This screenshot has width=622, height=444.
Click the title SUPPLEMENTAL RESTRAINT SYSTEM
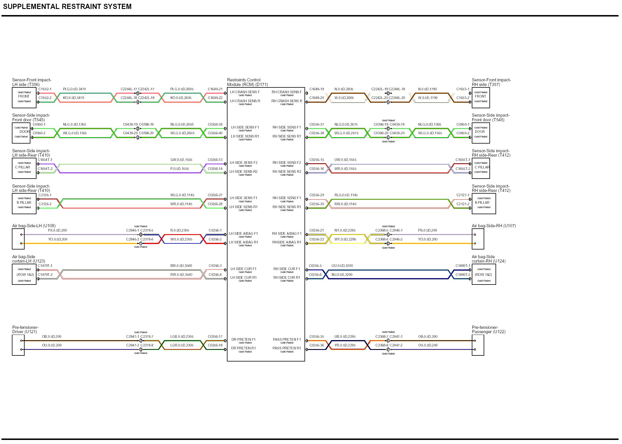(x=67, y=7)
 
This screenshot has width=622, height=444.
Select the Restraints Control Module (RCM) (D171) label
(x=247, y=82)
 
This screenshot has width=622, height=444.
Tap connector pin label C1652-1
(x=45, y=89)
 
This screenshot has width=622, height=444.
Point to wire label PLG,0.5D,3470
(x=74, y=89)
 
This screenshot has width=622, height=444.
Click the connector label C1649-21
(x=215, y=89)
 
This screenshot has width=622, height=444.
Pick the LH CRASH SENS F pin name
(x=245, y=92)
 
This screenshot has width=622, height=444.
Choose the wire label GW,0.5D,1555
(x=181, y=160)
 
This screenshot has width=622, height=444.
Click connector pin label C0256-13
(x=215, y=160)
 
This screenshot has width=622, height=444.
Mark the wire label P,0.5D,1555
(x=179, y=169)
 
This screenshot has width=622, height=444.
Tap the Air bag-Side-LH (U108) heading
(x=34, y=226)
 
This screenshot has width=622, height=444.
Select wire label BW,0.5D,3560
(x=181, y=266)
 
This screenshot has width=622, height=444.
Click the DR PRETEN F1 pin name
(x=243, y=340)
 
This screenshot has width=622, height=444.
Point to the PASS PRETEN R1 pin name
(x=287, y=348)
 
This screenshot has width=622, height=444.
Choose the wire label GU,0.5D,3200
(x=342, y=266)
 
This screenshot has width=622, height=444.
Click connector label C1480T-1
(x=463, y=266)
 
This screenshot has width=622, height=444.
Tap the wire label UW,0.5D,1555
(x=345, y=160)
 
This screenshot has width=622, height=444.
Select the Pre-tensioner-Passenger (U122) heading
(x=489, y=330)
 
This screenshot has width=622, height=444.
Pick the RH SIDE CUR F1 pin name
(x=287, y=269)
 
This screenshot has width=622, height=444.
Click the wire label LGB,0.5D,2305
(x=182, y=337)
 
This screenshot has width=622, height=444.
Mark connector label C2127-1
(x=463, y=195)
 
